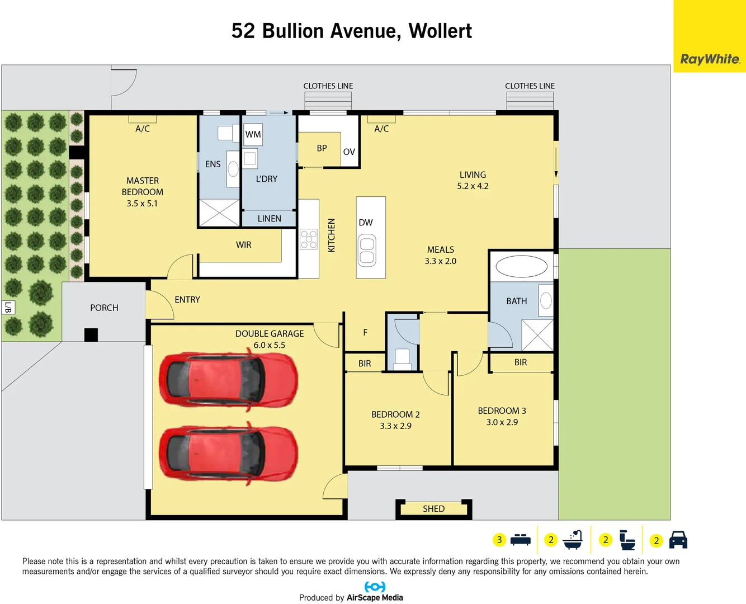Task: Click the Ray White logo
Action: pyautogui.click(x=710, y=59)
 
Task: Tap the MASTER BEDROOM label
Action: pyautogui.click(x=143, y=186)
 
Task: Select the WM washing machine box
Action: pyautogui.click(x=253, y=134)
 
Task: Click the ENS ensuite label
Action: pyautogui.click(x=213, y=164)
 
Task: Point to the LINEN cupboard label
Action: pyautogui.click(x=269, y=219)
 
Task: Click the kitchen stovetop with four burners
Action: pyautogui.click(x=309, y=239)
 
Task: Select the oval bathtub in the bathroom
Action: pyautogui.click(x=521, y=267)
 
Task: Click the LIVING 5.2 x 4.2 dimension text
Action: pyautogui.click(x=473, y=186)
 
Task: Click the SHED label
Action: pyautogui.click(x=433, y=509)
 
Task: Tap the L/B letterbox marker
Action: pyautogui.click(x=8, y=307)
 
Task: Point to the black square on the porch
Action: pyautogui.click(x=91, y=334)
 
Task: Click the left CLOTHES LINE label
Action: pyautogui.click(x=328, y=86)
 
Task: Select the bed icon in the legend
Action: pyautogui.click(x=520, y=540)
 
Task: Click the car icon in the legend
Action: pyautogui.click(x=678, y=540)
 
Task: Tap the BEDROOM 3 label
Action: pyautogui.click(x=502, y=410)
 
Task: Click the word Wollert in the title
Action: pyautogui.click(x=440, y=31)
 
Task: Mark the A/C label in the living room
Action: pyautogui.click(x=381, y=129)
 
